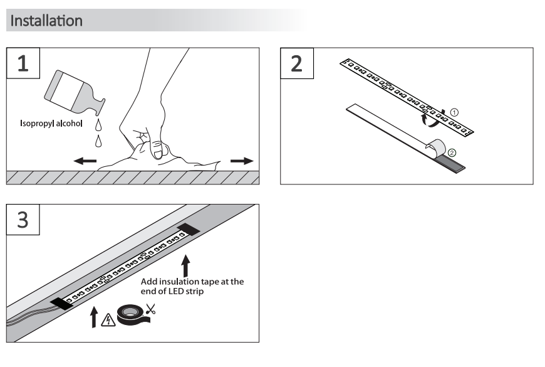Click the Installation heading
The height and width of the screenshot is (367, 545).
coord(47,21)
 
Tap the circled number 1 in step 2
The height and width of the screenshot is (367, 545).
coord(455,112)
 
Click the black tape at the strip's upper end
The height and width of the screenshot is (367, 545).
coord(189,228)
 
